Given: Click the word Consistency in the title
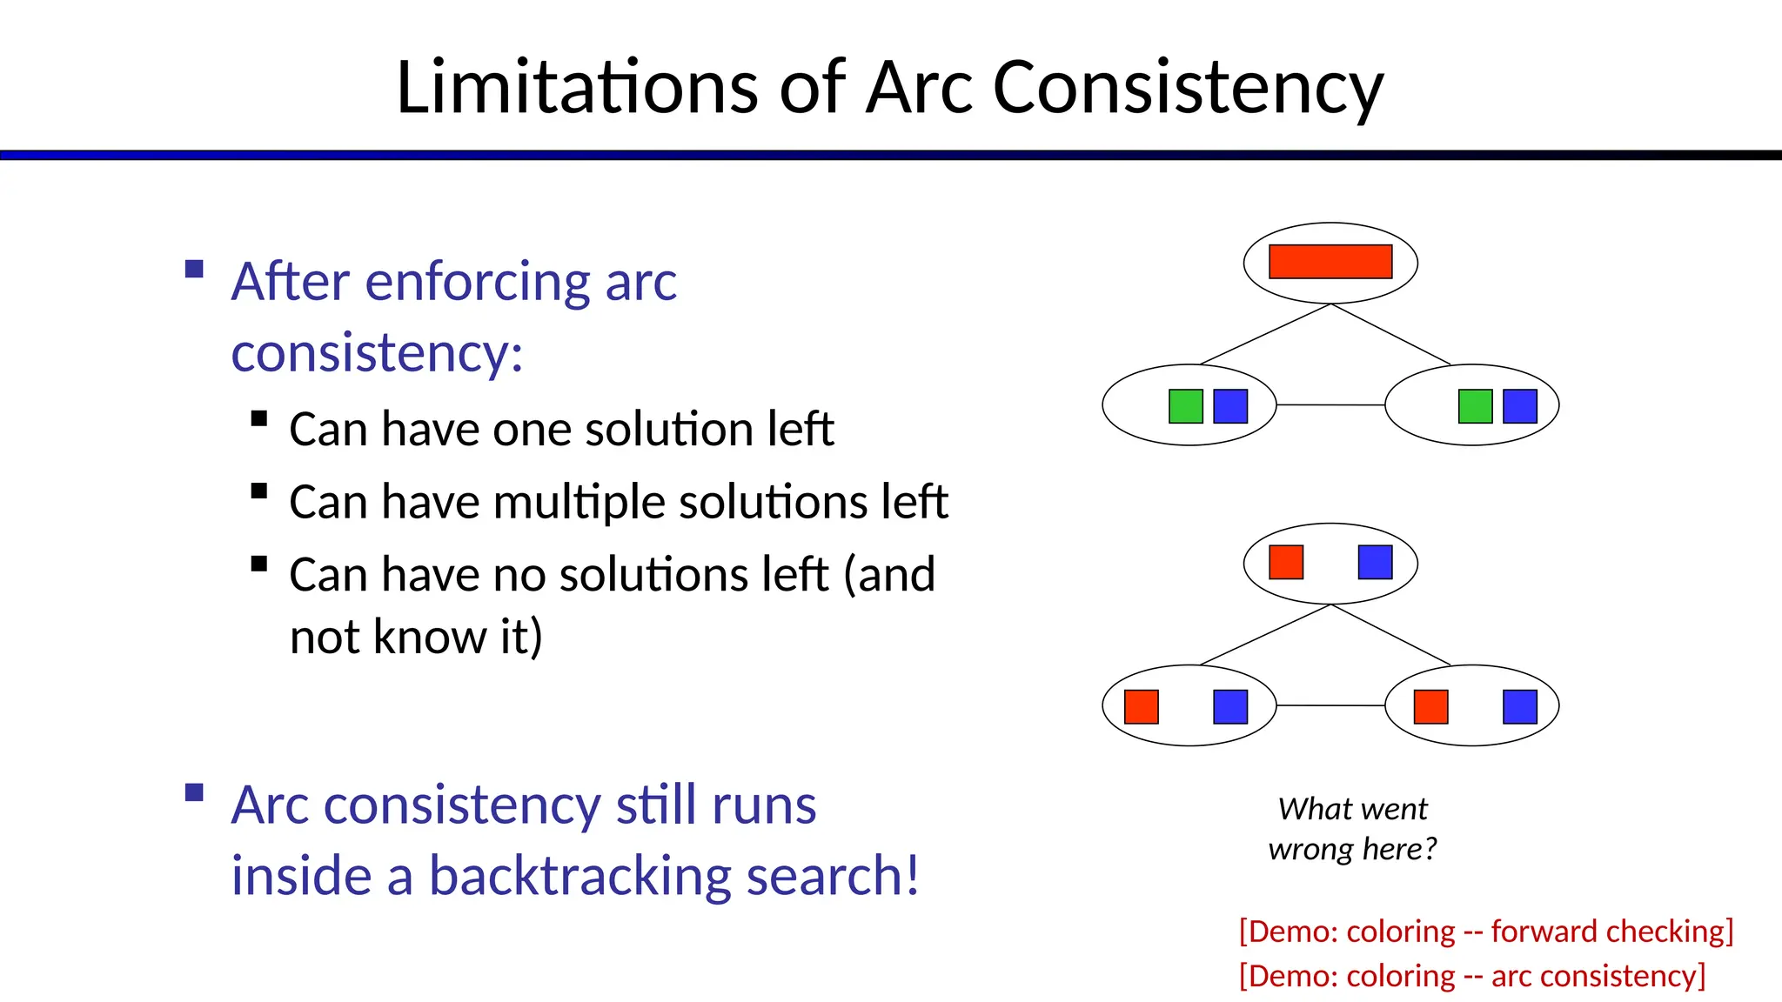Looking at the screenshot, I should pos(1187,87).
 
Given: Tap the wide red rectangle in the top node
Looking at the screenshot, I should pos(1330,262).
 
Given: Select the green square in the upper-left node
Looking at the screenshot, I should pos(1185,406).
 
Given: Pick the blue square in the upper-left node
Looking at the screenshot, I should pos(1230,406).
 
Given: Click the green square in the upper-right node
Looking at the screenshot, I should pos(1475,406).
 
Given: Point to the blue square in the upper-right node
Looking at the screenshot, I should pos(1520,406).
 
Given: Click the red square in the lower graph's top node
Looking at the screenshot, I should pos(1286,562).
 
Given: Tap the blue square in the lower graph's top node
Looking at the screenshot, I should pos(1375,562).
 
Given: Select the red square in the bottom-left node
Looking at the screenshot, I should pos(1141,707).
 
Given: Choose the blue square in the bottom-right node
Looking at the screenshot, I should pos(1520,707).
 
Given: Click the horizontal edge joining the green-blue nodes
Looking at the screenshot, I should pos(1330,405).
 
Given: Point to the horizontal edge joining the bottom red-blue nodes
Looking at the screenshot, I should pos(1330,705).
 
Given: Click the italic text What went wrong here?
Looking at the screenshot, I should pos(1352,828).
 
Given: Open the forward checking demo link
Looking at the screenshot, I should pos(1485,932).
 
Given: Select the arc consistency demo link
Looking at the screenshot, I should pos(1471,976).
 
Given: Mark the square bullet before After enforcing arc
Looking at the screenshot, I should pos(195,269).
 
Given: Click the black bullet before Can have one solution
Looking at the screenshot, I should pos(258,419).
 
